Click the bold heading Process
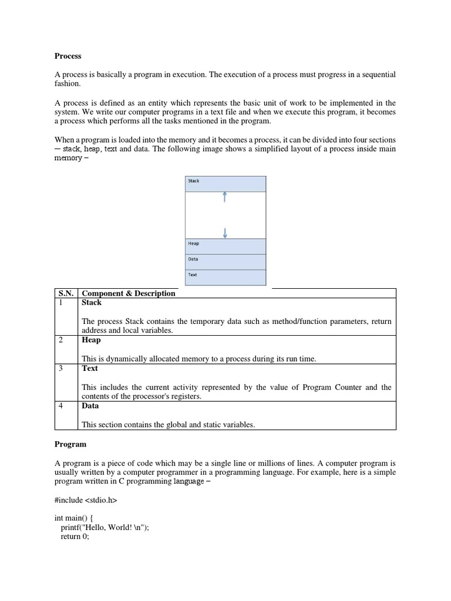coord(68,56)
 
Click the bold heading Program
coord(70,444)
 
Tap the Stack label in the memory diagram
coord(193,181)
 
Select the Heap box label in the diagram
coord(193,244)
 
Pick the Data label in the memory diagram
coord(193,259)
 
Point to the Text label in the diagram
coord(193,274)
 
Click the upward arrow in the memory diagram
coord(225,197)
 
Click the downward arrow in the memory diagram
coord(225,232)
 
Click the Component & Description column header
coord(128,293)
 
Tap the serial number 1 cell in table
coord(60,303)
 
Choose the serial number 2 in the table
coord(60,340)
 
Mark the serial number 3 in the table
coord(60,369)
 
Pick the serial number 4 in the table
coord(60,406)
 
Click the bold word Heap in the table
coord(91,340)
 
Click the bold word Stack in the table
coord(92,303)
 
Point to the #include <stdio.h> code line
coord(86,501)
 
